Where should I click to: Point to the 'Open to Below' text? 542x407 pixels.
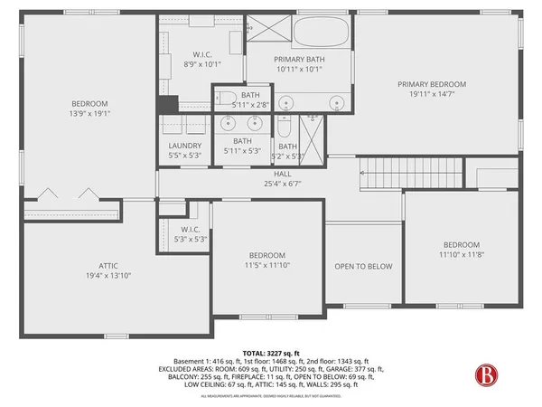(363, 266)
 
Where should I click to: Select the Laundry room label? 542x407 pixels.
(184, 146)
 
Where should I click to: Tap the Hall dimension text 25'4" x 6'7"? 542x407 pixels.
(283, 183)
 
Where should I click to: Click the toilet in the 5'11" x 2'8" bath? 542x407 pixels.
(227, 99)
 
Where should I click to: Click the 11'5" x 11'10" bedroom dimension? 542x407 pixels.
(267, 265)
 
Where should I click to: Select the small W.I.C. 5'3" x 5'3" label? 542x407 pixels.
(190, 240)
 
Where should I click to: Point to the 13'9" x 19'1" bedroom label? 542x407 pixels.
(90, 114)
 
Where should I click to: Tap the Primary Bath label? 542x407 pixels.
(299, 59)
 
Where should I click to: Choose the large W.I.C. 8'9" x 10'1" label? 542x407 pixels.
(201, 63)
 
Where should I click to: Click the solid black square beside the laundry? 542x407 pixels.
(165, 104)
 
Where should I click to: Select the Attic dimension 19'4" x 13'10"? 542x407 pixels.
(108, 274)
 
